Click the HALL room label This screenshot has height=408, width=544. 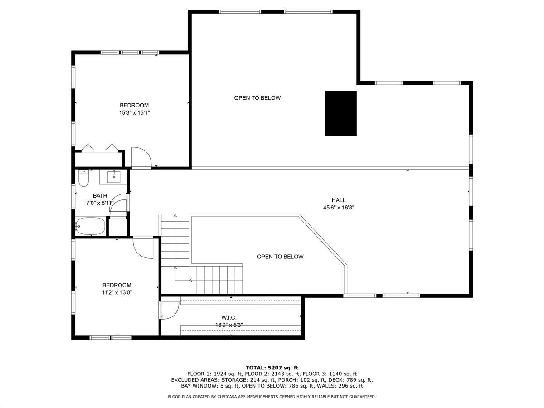point(338,200)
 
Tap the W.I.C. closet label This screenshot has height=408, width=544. point(229,318)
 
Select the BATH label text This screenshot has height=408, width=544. point(100,196)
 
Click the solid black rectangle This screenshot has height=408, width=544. point(340,113)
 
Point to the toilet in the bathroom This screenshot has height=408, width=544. point(83,178)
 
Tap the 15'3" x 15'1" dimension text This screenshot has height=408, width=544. point(134,112)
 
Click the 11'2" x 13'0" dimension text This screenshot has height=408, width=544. point(117,292)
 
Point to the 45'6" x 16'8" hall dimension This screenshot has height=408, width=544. point(338,208)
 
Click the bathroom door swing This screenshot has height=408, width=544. point(119,204)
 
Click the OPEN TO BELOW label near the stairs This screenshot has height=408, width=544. point(280,257)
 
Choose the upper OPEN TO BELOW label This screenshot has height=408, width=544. point(257,98)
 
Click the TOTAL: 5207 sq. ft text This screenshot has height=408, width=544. point(272,367)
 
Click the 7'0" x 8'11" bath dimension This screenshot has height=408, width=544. point(100,203)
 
